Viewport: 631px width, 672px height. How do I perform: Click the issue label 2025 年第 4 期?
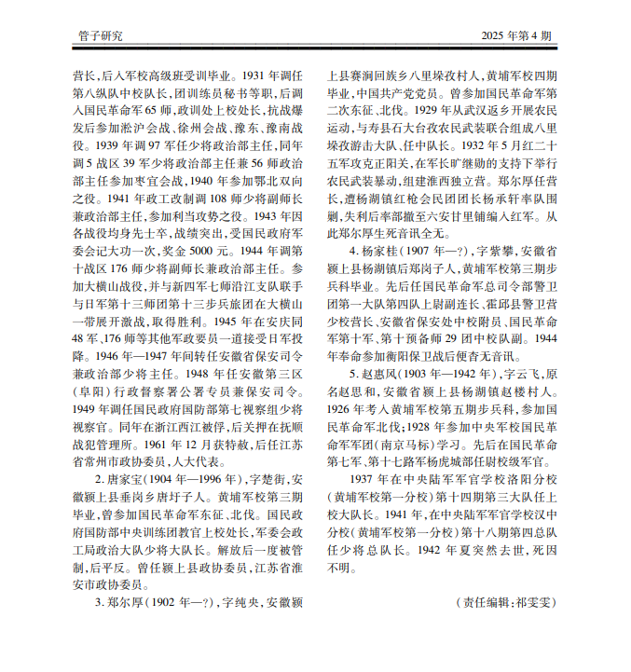517,35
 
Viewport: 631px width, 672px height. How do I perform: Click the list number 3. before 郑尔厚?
101,601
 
